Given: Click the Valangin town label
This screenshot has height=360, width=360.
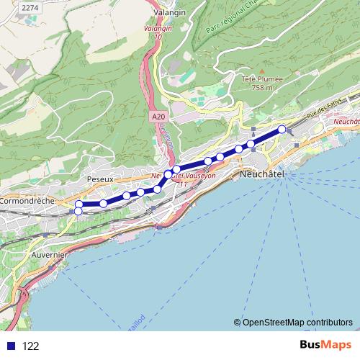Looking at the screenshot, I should pos(170,12).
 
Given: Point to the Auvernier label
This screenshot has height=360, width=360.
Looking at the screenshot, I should pos(50,255).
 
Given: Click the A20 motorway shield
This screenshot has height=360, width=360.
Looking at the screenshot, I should pos(158,116).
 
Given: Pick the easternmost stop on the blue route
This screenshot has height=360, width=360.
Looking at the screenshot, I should pos(282,129).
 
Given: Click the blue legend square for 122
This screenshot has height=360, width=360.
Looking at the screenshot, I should pos(10,346).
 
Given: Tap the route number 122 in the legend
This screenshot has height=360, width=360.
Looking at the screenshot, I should pos(31,346).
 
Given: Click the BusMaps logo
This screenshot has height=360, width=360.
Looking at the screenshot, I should pos(321,345).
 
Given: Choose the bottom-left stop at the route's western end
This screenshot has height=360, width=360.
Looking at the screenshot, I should pos(78,211).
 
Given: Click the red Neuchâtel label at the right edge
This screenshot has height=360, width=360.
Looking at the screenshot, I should pos(346,122).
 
